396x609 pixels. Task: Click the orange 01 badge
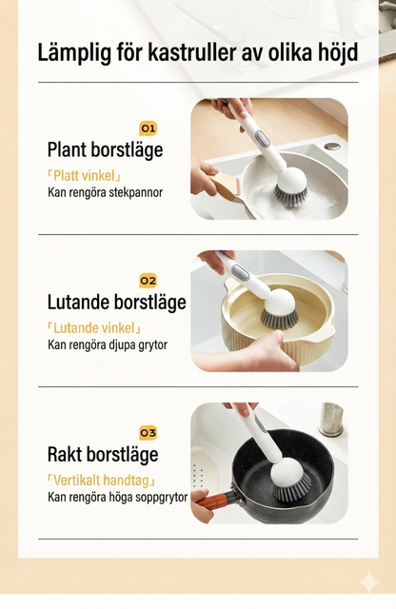click(x=148, y=128)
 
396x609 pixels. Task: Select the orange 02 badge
click(x=148, y=280)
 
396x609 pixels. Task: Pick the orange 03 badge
click(x=148, y=432)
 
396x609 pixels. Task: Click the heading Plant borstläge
click(x=105, y=149)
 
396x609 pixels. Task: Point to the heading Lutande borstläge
click(x=116, y=302)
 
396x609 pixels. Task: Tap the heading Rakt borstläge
click(x=103, y=454)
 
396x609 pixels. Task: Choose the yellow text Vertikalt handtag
click(x=101, y=479)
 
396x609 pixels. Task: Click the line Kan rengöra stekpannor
click(x=105, y=192)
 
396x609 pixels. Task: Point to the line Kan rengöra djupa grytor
click(x=107, y=344)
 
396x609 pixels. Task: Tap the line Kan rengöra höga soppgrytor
click(x=118, y=497)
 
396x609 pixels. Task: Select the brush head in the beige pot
click(x=280, y=309)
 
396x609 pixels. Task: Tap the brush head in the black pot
click(x=290, y=481)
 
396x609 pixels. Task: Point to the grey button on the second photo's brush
click(x=241, y=273)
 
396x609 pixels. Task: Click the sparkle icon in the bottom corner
click(x=367, y=582)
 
